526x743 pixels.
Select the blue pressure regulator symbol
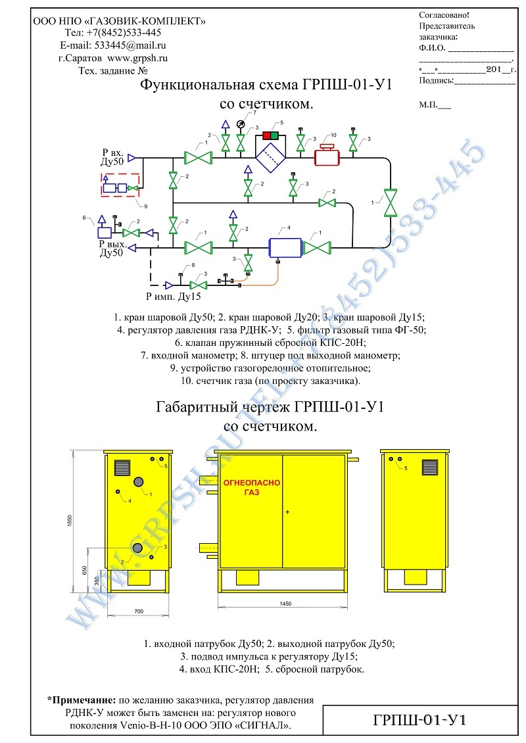(285, 248)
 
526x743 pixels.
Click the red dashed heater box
(120, 185)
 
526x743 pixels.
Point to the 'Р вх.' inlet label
(113, 153)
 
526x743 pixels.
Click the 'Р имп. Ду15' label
(174, 297)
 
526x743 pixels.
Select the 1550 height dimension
(70, 521)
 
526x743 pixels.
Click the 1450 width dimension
(285, 604)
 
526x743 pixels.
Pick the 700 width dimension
(139, 611)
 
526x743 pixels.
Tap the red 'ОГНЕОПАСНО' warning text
(252, 483)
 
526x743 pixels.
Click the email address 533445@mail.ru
(130, 45)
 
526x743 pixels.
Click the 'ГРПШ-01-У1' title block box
(420, 720)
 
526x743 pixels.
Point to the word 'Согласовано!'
(444, 14)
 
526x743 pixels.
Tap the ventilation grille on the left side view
(122, 467)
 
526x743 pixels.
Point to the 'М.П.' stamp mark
(429, 105)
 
